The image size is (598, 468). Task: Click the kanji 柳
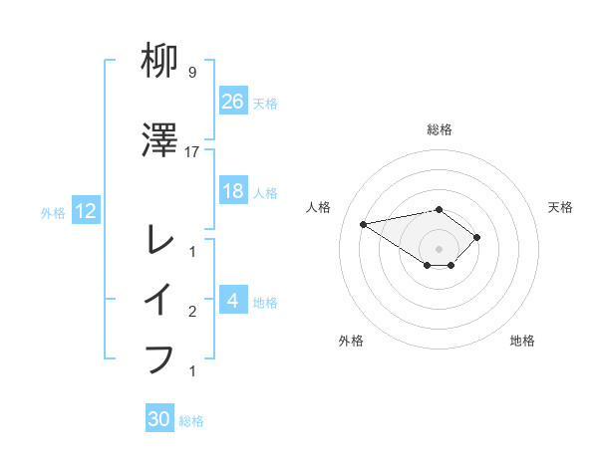(x=160, y=63)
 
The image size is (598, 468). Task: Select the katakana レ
(x=160, y=240)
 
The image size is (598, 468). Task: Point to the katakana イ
(x=160, y=300)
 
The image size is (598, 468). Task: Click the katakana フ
(x=160, y=358)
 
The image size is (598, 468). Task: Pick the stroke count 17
(x=192, y=151)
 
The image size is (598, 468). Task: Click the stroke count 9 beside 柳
(x=191, y=73)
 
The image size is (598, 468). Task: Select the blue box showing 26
(x=233, y=101)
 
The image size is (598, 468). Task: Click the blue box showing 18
(x=233, y=191)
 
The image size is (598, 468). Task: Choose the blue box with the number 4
(x=233, y=300)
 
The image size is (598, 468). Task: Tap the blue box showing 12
(x=85, y=210)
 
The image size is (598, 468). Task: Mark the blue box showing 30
(x=159, y=419)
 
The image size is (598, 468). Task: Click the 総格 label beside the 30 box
(x=191, y=421)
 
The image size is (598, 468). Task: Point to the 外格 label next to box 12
(x=53, y=212)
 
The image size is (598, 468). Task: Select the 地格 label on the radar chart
(x=522, y=341)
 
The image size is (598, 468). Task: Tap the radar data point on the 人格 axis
(x=364, y=223)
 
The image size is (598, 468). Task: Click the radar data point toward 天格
(x=477, y=237)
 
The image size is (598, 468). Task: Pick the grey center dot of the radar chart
(x=439, y=249)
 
